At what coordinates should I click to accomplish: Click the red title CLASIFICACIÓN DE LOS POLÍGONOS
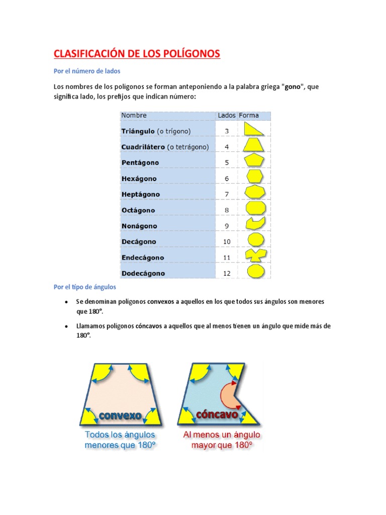coord(137,54)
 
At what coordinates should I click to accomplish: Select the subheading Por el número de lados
coord(87,71)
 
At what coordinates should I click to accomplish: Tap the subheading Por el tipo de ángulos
coord(85,287)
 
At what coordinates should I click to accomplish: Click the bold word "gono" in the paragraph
coord(293,87)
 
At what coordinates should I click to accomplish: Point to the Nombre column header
coord(134,115)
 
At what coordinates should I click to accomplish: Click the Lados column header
coord(226,115)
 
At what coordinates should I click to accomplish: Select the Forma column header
coord(249,115)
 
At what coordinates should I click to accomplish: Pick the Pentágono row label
coord(140,162)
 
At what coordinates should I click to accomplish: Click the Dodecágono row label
coord(143,274)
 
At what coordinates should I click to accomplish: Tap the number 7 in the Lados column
coord(227,194)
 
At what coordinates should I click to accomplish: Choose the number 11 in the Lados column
coord(227,257)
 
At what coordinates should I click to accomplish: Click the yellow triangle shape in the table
coord(253,130)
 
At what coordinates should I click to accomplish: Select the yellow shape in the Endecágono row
coord(256,256)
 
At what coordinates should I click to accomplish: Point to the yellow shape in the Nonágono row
coord(255,224)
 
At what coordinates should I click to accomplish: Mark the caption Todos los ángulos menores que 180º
coord(121,440)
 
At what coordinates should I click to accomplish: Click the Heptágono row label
coord(141,194)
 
